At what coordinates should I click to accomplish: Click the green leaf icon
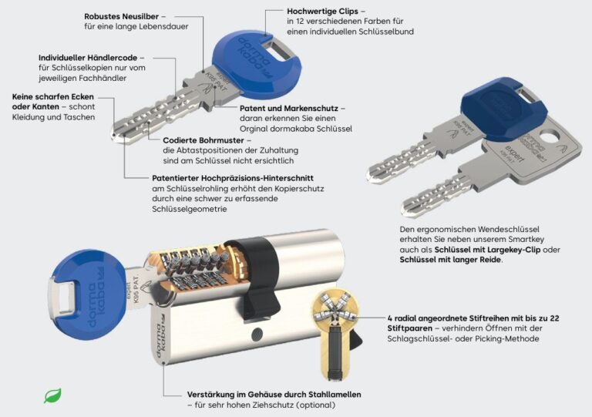pyautogui.click(x=52, y=396)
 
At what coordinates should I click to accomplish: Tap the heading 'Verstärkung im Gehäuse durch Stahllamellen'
pyautogui.click(x=274, y=394)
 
